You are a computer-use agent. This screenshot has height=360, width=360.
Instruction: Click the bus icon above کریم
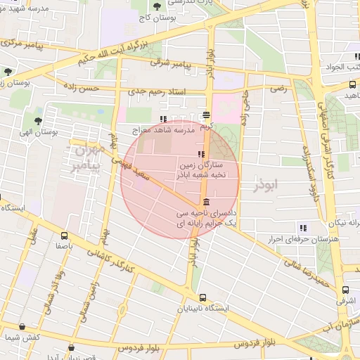click(206, 115)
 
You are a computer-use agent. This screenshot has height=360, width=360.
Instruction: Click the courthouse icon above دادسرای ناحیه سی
click(205, 202)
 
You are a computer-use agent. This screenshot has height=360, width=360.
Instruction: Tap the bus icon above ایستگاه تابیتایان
click(202, 297)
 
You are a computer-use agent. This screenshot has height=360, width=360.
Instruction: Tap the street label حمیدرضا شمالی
click(307, 270)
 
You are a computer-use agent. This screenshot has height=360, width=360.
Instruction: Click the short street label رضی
click(279, 89)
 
